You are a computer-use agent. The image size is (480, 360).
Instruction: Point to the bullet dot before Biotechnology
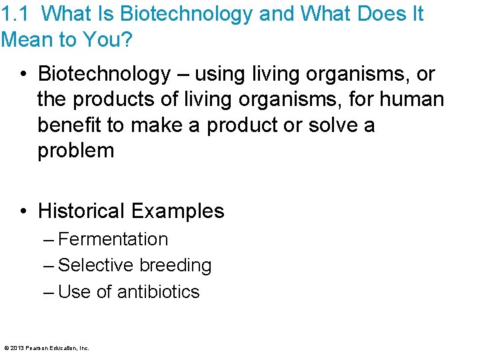(x=24, y=74)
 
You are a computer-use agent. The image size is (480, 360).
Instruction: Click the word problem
(x=76, y=151)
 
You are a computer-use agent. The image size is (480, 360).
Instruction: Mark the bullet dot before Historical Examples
(x=24, y=211)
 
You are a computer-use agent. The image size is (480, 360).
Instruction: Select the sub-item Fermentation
(x=113, y=239)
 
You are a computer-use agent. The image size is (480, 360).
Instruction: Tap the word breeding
(x=175, y=265)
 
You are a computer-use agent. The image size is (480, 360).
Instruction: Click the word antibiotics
(x=158, y=292)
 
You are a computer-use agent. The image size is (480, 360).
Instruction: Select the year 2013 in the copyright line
(x=16, y=348)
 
